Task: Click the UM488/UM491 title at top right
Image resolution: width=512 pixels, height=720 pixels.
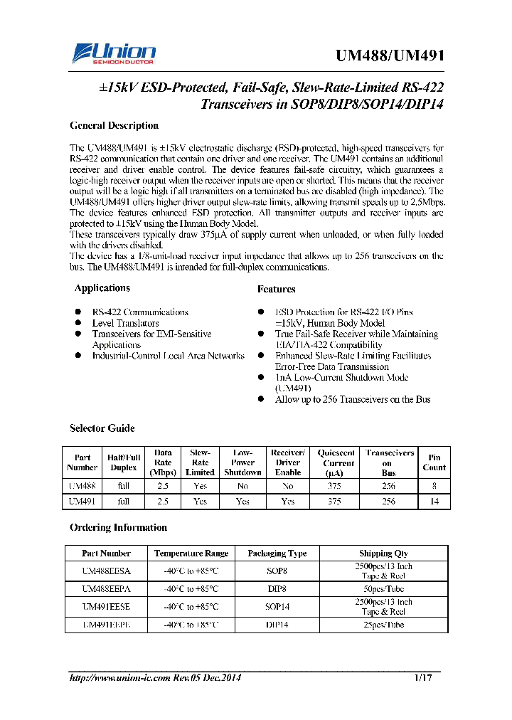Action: [x=389, y=57]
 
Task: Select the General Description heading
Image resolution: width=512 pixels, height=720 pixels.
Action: [x=114, y=126]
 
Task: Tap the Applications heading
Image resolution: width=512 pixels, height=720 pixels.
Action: [x=102, y=288]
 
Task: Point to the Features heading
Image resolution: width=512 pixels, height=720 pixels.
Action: [x=276, y=290]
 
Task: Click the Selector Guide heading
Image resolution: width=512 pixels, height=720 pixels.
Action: [x=102, y=428]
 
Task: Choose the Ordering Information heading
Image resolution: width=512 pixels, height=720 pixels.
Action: [x=118, y=528]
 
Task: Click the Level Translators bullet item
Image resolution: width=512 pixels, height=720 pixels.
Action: [x=125, y=323]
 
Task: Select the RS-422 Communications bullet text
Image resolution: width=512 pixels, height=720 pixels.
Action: [x=140, y=312]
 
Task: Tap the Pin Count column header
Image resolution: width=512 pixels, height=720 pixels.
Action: [x=434, y=462]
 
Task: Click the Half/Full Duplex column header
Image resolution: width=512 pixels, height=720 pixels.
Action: [x=124, y=462]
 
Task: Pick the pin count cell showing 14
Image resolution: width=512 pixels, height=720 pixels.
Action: [x=434, y=502]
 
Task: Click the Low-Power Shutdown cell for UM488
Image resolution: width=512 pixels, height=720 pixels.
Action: [x=242, y=487]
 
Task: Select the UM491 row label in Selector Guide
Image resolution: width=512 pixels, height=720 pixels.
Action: [x=82, y=502]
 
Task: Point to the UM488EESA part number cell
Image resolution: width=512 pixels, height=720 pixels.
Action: [x=106, y=571]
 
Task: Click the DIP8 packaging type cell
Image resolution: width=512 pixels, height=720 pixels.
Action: [x=277, y=589]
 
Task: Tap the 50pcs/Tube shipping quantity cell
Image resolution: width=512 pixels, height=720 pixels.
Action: [x=383, y=589]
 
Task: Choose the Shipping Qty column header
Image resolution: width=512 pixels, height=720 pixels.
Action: [x=383, y=554]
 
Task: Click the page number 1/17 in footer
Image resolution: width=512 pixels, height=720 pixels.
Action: [x=423, y=678]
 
